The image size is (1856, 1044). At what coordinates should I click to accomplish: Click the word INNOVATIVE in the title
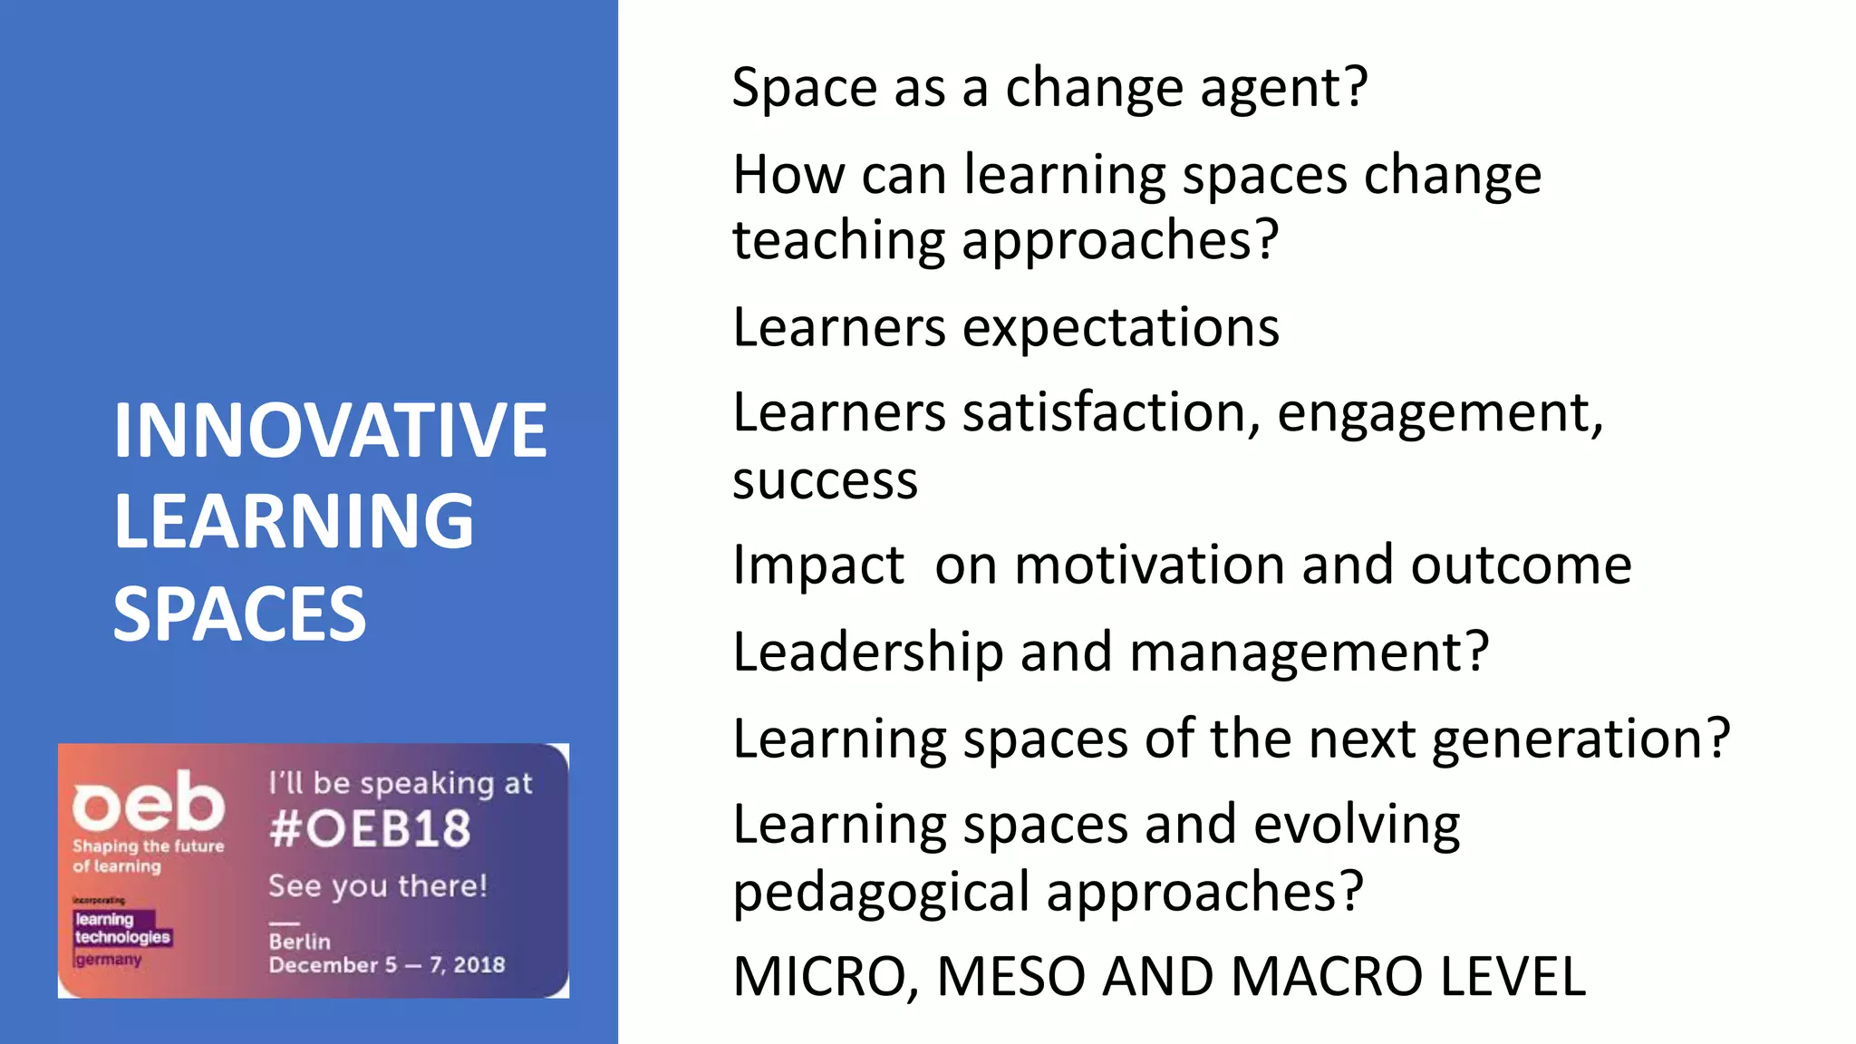330,430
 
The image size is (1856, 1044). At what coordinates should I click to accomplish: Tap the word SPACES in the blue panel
239,614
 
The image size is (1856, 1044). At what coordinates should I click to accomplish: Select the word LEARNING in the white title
294,521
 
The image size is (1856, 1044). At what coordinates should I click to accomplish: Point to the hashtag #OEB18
370,828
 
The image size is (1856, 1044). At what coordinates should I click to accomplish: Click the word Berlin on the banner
299,942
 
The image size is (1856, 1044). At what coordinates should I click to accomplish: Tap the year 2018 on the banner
478,964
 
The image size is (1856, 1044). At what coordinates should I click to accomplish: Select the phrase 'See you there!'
377,885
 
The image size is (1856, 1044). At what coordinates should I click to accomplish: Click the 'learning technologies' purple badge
121,928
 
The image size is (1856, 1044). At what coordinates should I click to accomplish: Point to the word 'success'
825,480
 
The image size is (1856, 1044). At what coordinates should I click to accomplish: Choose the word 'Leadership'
867,652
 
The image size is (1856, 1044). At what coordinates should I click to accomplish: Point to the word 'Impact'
817,565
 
